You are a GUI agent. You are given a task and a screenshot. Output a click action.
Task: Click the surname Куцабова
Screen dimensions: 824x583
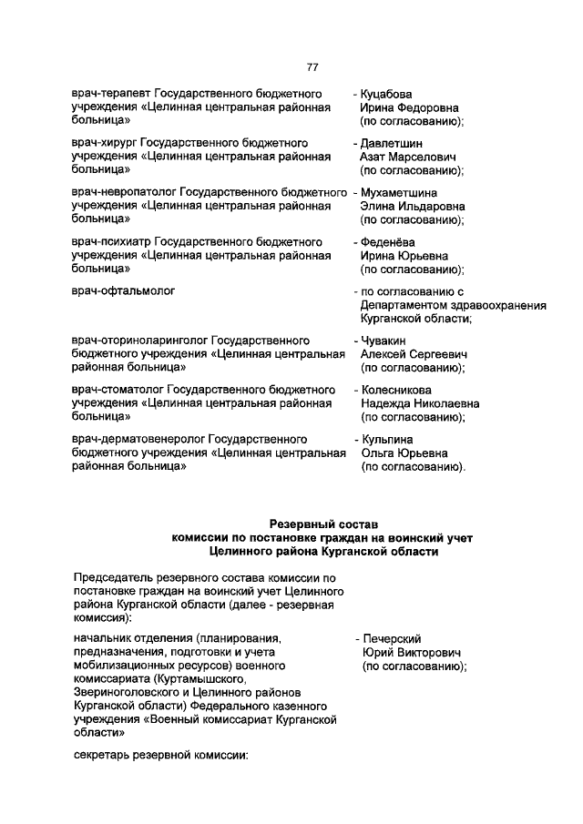[387, 94]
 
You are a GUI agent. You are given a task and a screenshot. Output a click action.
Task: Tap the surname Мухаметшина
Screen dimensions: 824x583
[398, 192]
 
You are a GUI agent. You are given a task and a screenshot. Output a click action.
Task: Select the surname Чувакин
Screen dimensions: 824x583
[383, 340]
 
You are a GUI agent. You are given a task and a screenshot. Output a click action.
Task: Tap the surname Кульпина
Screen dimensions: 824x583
[386, 438]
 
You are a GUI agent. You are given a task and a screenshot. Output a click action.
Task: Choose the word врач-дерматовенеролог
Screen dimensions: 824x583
[138, 438]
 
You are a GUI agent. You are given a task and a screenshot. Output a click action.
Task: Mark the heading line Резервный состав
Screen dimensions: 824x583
[323, 523]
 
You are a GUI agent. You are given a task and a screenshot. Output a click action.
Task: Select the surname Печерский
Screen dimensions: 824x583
[391, 638]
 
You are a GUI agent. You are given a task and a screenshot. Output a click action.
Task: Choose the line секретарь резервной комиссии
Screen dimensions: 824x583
[160, 756]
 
